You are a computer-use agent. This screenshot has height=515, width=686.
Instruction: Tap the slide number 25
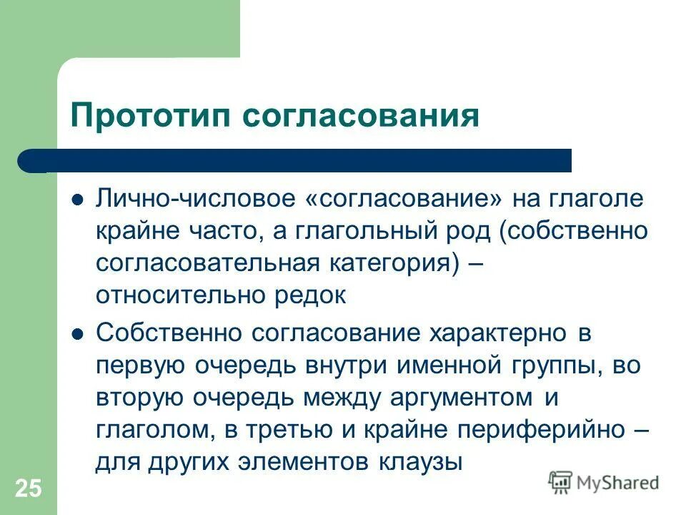click(29, 489)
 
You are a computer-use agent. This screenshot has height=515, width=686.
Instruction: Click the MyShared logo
click(604, 482)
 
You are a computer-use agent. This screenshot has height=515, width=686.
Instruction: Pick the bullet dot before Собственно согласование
click(79, 333)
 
